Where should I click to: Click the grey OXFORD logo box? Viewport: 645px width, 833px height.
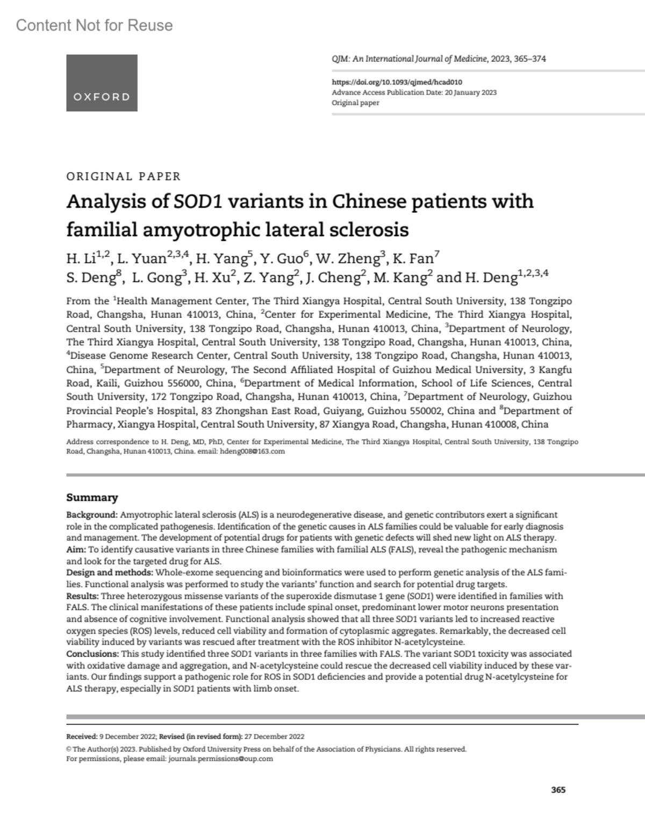[x=102, y=83]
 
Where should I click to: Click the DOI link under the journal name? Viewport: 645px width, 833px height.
[x=397, y=82]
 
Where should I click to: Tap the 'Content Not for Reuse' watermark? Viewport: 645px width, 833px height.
[x=95, y=25]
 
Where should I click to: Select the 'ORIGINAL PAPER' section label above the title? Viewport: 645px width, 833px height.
[x=123, y=176]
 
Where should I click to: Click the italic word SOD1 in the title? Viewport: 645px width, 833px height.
[x=199, y=202]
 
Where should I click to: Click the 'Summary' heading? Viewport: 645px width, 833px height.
[x=92, y=498]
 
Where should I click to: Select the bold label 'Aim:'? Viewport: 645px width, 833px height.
[x=76, y=550]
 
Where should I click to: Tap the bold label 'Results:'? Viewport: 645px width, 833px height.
[x=82, y=596]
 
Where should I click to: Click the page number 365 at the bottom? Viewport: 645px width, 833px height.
[x=558, y=790]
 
